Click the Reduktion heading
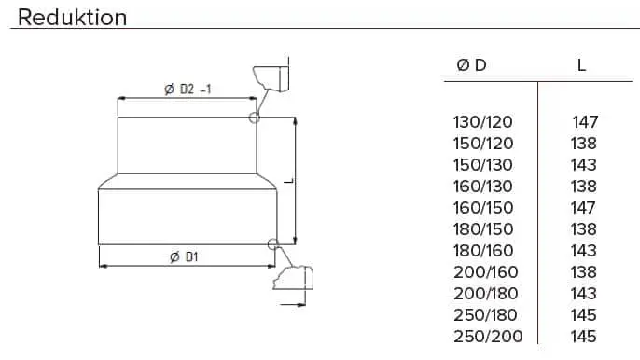pyautogui.click(x=72, y=18)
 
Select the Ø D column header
pyautogui.click(x=471, y=65)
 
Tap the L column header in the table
pyautogui.click(x=581, y=65)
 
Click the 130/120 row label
pyautogui.click(x=482, y=122)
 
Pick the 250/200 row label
pyautogui.click(x=488, y=337)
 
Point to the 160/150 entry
pyautogui.click(x=483, y=208)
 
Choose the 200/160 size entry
pyautogui.click(x=486, y=272)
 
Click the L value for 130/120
pyautogui.click(x=585, y=122)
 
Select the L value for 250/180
pyautogui.click(x=584, y=315)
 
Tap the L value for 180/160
pyautogui.click(x=584, y=251)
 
